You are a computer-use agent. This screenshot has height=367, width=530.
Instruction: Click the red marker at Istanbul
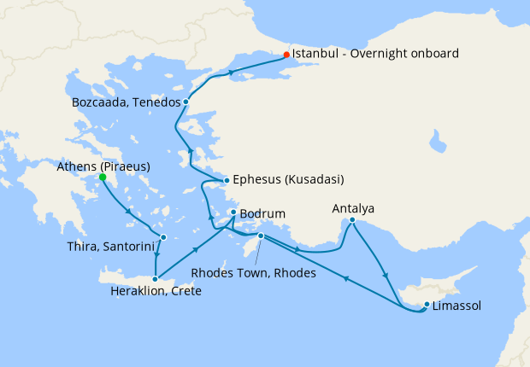(x=286, y=55)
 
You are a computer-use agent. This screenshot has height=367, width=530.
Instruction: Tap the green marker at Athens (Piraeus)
(x=103, y=178)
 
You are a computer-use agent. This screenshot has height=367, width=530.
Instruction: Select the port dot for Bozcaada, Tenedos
(x=185, y=102)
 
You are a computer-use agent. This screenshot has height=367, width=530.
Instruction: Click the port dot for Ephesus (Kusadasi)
(x=226, y=180)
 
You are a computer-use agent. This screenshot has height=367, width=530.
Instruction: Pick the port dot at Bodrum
(x=233, y=213)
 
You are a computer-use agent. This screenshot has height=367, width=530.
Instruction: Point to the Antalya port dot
(x=351, y=220)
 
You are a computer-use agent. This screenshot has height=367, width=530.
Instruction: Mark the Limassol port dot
(x=426, y=305)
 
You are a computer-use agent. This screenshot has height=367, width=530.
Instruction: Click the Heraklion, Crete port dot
(x=155, y=278)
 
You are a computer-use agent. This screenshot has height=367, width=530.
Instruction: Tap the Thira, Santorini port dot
(x=162, y=238)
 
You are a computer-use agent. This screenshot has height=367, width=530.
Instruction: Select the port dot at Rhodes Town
(x=261, y=236)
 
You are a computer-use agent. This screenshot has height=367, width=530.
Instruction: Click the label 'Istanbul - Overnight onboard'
(x=375, y=54)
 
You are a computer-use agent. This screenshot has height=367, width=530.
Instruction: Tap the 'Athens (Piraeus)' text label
(x=104, y=166)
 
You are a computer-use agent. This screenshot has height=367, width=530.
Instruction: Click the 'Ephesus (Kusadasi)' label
(x=288, y=180)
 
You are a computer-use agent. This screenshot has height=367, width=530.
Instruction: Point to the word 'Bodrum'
(x=262, y=213)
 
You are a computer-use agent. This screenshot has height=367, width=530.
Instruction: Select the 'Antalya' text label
(x=353, y=208)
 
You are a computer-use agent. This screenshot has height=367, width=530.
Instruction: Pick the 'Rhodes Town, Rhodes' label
(x=254, y=274)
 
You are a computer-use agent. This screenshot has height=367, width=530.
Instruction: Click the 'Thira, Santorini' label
(x=109, y=248)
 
